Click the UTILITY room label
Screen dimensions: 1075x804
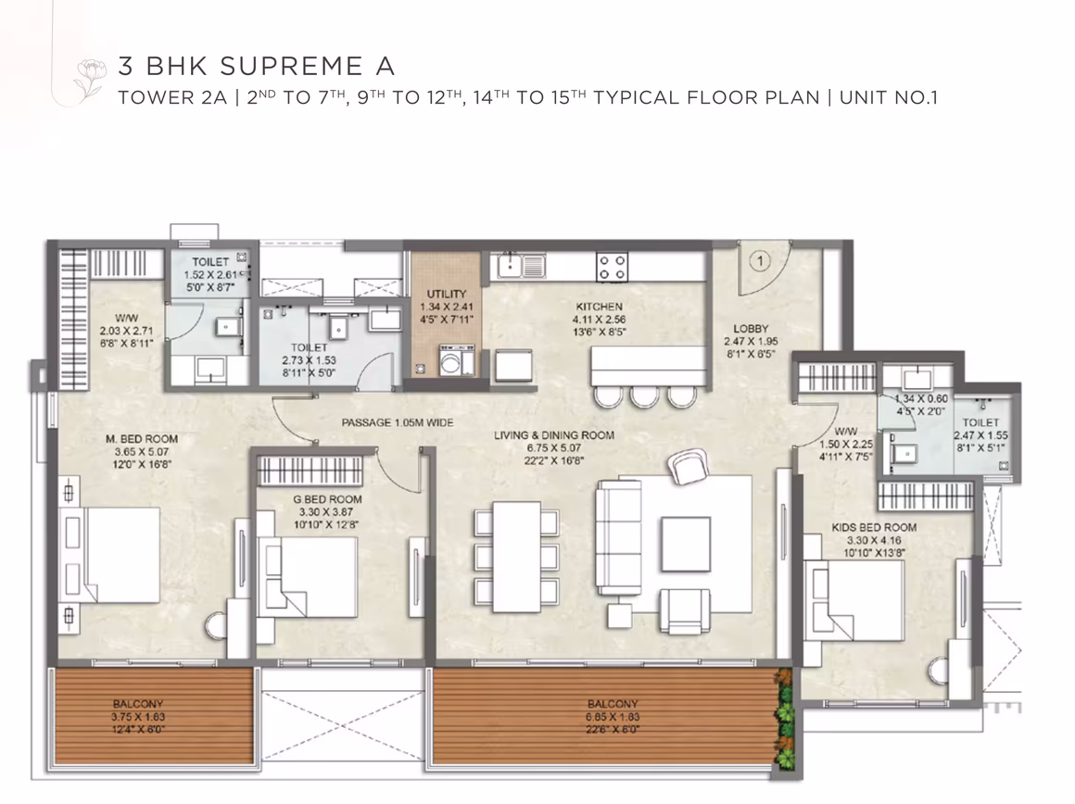pyautogui.click(x=447, y=294)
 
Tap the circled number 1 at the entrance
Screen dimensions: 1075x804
pyautogui.click(x=760, y=260)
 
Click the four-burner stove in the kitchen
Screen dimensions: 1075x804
pyautogui.click(x=612, y=268)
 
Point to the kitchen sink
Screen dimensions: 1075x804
pyautogui.click(x=522, y=266)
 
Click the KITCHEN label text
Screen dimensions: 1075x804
pyautogui.click(x=600, y=307)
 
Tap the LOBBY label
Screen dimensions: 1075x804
pyautogui.click(x=751, y=328)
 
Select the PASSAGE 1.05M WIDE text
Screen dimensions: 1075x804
pyautogui.click(x=398, y=423)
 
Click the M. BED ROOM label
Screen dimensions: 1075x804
pyautogui.click(x=142, y=439)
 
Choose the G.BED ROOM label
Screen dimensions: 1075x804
pyautogui.click(x=328, y=499)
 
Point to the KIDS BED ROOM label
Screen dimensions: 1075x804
pyautogui.click(x=874, y=527)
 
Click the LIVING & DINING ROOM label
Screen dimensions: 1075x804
pyautogui.click(x=554, y=435)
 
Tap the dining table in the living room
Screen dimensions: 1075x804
pyautogui.click(x=517, y=557)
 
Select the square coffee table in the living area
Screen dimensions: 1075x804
pyautogui.click(x=686, y=544)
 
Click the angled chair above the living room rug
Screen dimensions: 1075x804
pyautogui.click(x=688, y=466)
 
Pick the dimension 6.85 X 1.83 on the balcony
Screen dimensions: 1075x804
pyautogui.click(x=613, y=716)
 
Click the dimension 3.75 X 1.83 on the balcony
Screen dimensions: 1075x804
pyautogui.click(x=138, y=716)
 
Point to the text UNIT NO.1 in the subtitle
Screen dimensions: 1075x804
pyautogui.click(x=889, y=97)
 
